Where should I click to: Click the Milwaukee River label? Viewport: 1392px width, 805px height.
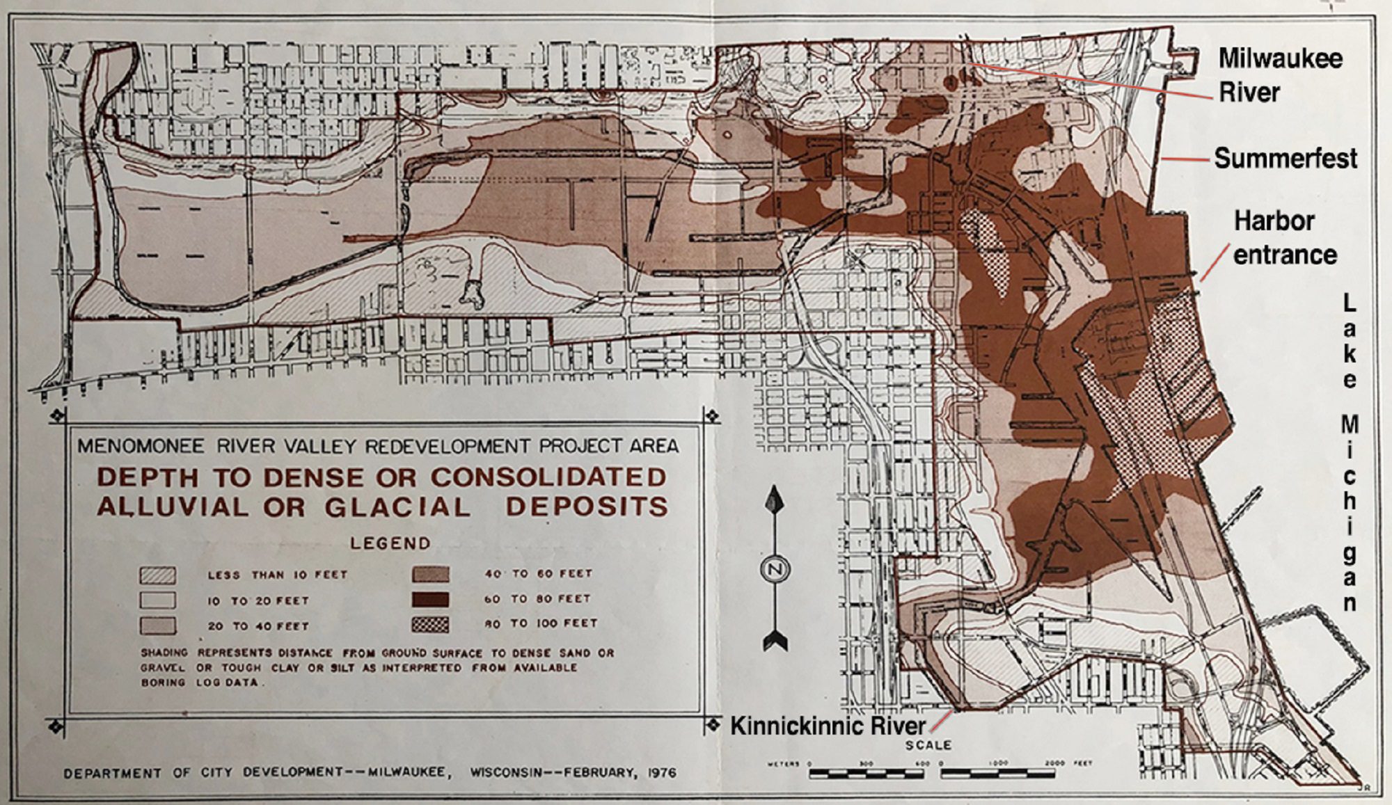tap(1279, 74)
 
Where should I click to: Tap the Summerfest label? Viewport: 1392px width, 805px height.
tap(1286, 159)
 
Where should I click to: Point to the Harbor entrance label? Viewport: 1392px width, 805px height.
tap(1284, 237)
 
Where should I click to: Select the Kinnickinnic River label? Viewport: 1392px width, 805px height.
tap(828, 726)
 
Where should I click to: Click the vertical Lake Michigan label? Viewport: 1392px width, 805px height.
tap(1350, 452)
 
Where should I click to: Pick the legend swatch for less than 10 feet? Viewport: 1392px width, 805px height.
tap(157, 575)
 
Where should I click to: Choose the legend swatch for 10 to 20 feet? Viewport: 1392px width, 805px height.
tap(157, 600)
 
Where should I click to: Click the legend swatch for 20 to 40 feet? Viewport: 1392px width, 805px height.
tap(157, 625)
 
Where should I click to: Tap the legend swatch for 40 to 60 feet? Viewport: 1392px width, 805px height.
tap(430, 574)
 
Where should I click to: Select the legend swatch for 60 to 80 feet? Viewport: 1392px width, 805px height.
tap(430, 599)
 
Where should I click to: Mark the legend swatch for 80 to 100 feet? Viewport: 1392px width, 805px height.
tap(430, 624)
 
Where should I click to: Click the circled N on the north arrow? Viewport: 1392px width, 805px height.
tap(774, 570)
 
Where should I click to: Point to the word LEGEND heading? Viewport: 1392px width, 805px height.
tap(390, 543)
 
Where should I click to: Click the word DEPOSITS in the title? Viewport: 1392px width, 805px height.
tap(587, 507)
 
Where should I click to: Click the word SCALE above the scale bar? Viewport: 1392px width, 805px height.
tap(928, 745)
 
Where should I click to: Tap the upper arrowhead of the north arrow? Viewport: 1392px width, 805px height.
tap(774, 500)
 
